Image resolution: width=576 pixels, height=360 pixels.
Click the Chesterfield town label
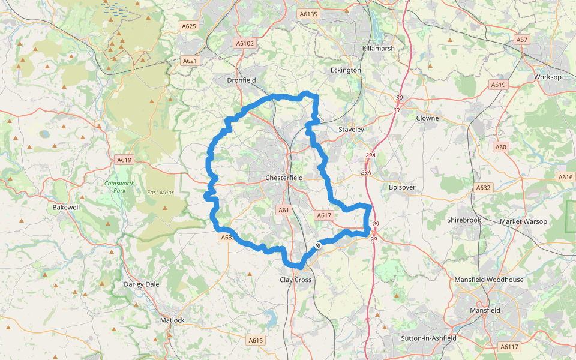284,178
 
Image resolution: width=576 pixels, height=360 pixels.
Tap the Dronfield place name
241,80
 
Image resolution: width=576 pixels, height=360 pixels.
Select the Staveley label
352,129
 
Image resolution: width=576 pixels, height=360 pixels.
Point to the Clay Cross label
296,280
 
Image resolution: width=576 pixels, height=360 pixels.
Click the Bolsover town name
402,187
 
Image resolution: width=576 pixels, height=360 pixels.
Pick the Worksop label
547,77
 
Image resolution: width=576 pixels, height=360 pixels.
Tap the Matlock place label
172,320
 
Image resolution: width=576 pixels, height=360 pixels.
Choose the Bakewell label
66,207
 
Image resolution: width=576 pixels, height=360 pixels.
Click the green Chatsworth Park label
115,187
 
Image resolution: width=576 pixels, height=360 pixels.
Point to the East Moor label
160,193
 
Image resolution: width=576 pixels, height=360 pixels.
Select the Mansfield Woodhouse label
488,280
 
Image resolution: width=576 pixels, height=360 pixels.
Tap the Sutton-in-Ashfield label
428,338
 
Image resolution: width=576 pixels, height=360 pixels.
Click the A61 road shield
284,210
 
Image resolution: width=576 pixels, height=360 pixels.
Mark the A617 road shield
323,215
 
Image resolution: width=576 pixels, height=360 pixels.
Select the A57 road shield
522,40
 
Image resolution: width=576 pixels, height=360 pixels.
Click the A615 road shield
256,340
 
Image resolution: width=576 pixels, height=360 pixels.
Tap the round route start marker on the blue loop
318,245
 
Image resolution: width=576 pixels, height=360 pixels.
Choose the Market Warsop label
524,221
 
